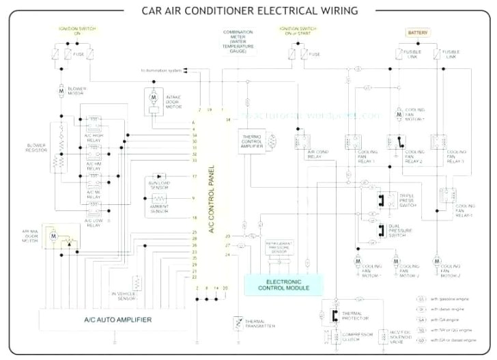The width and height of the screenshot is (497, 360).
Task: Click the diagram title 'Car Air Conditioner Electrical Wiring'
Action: (x=248, y=11)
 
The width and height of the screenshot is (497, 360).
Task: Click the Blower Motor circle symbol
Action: (x=61, y=90)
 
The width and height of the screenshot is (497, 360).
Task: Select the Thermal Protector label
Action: (x=356, y=316)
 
